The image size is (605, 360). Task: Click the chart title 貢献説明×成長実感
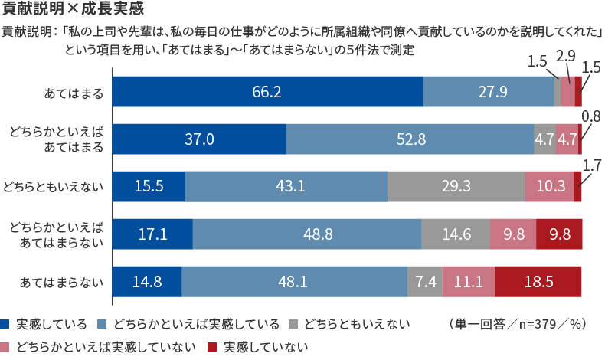click(x=73, y=8)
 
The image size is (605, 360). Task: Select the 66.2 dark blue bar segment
click(x=268, y=91)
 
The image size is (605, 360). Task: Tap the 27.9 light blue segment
click(x=489, y=91)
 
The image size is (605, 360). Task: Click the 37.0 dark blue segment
click(x=199, y=139)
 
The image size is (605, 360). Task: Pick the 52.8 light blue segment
click(x=410, y=139)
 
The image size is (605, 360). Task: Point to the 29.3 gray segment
click(x=456, y=186)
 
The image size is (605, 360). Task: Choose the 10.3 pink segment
click(x=549, y=186)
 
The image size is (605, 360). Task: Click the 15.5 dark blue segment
click(x=149, y=186)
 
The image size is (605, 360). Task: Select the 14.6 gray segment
click(x=456, y=234)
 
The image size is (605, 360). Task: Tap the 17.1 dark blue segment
click(x=153, y=234)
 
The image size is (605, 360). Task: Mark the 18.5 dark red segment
click(x=538, y=282)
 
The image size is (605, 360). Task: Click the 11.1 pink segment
click(x=469, y=282)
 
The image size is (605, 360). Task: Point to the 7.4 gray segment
click(x=425, y=282)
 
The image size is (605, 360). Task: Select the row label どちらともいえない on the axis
click(x=54, y=187)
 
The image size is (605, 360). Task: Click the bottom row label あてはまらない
click(x=62, y=282)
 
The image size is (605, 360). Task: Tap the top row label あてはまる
click(x=74, y=93)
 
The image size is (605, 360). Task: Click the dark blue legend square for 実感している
click(x=5, y=324)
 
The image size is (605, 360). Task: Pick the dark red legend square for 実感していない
click(x=212, y=347)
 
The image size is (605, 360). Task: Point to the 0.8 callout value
click(x=591, y=116)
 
